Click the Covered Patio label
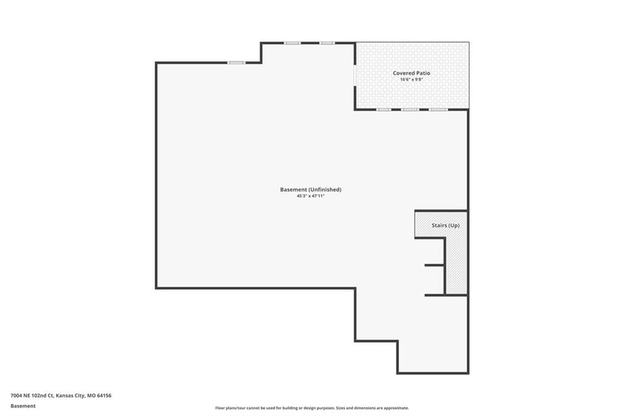pos(411,73)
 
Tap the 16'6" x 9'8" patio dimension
pos(411,79)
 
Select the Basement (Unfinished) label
pos(311,190)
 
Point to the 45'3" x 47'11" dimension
pos(311,196)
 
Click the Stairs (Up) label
pos(445,225)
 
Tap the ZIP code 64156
pos(104,396)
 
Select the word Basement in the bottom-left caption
pos(23,406)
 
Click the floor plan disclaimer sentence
pos(312,408)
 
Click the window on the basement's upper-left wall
pos(236,63)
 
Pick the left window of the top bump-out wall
pos(292,43)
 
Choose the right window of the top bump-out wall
pos(327,43)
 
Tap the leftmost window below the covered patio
pos(384,109)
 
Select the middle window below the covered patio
pos(410,109)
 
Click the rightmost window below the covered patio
pos(438,109)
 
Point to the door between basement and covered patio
pos(355,74)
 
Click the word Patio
pos(423,73)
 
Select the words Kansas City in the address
pos(70,396)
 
